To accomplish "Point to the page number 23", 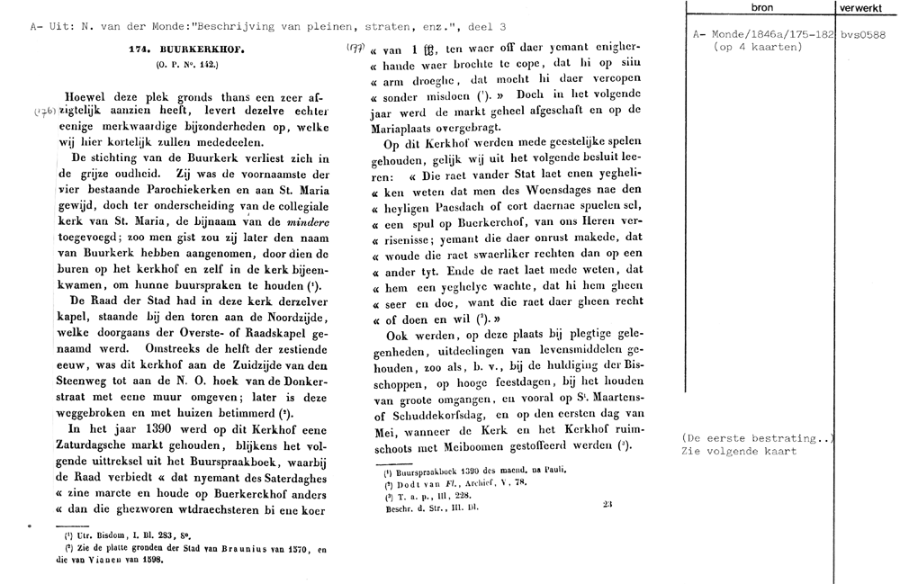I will [x=608, y=505].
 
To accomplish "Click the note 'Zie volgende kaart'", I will [x=739, y=451].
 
